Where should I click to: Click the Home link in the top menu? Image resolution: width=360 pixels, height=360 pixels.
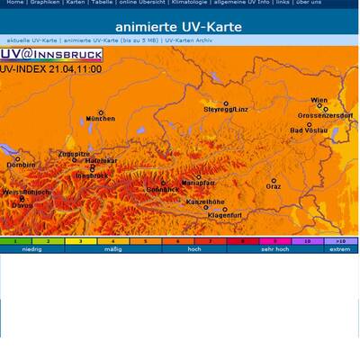[14, 3]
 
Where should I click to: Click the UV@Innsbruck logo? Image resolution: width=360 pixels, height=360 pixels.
[51, 55]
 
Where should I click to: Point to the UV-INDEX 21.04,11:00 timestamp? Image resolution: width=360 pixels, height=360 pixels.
[51, 67]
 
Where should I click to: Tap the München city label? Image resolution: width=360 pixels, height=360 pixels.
[101, 118]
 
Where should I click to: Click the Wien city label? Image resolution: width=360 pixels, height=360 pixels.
[319, 100]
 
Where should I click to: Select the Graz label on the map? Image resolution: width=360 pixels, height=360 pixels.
[274, 186]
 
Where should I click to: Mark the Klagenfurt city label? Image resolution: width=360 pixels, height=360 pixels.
[224, 215]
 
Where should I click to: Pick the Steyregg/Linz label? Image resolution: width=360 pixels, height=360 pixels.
[226, 108]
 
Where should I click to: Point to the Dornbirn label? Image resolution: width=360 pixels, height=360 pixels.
[21, 166]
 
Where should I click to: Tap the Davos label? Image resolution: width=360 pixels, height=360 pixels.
[22, 205]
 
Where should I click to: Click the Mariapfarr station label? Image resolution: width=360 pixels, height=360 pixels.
[200, 183]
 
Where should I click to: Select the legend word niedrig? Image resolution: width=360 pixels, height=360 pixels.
[32, 249]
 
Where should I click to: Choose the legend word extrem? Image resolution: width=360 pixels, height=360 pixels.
[339, 249]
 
